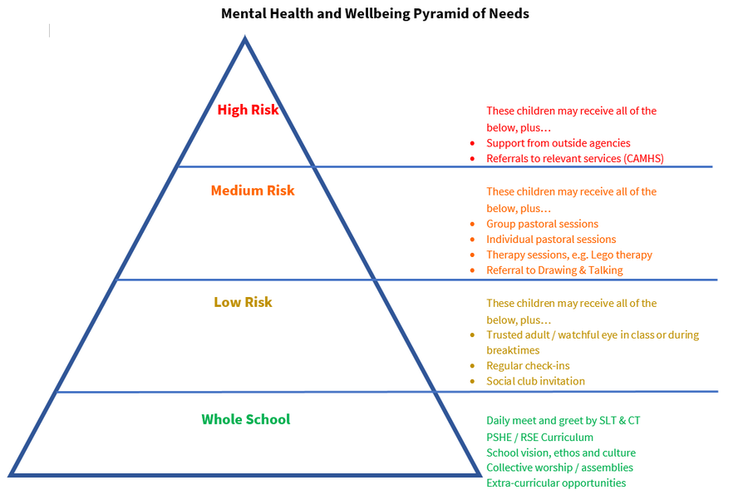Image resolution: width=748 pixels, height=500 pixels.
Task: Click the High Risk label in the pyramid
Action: [x=248, y=110]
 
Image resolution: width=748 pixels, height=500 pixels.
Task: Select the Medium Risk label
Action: [x=253, y=191]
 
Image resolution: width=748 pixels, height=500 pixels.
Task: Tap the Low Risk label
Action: [x=243, y=302]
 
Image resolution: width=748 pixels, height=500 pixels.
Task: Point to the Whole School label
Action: [x=246, y=419]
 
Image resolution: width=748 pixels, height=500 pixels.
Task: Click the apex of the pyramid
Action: [x=245, y=38]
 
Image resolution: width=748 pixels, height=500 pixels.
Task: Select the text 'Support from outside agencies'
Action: [x=559, y=143]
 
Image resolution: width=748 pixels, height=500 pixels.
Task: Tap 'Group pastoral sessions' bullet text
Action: [x=542, y=224]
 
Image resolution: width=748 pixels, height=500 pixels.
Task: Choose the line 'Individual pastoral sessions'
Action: [x=551, y=240]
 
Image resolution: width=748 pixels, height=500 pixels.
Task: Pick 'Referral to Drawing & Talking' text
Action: [x=554, y=270]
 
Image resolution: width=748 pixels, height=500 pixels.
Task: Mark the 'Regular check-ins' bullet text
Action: [x=528, y=366]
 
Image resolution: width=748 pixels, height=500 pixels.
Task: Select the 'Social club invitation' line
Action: [x=535, y=381]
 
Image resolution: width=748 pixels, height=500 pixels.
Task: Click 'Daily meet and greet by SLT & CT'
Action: [x=563, y=421]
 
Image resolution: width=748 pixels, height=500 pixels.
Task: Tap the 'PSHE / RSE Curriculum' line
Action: [x=539, y=437]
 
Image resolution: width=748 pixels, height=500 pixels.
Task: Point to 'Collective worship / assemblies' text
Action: [x=559, y=468]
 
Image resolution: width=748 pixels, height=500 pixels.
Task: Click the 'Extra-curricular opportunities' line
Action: [x=556, y=483]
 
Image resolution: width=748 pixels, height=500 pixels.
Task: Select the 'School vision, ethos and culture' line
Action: [x=561, y=453]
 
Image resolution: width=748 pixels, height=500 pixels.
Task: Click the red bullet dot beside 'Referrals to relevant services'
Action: [x=472, y=159]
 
